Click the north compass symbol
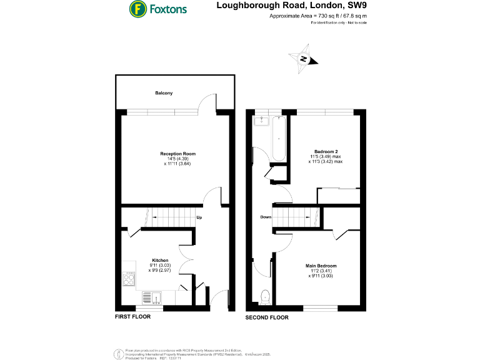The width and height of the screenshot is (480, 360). click(303, 59)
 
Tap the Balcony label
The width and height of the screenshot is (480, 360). click(164, 93)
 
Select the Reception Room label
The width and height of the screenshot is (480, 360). click(177, 154)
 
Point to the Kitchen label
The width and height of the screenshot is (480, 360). click(161, 260)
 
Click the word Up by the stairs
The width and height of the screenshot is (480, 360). click(199, 218)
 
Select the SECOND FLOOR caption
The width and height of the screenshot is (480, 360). click(267, 317)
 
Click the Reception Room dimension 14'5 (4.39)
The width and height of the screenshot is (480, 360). click(178, 159)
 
